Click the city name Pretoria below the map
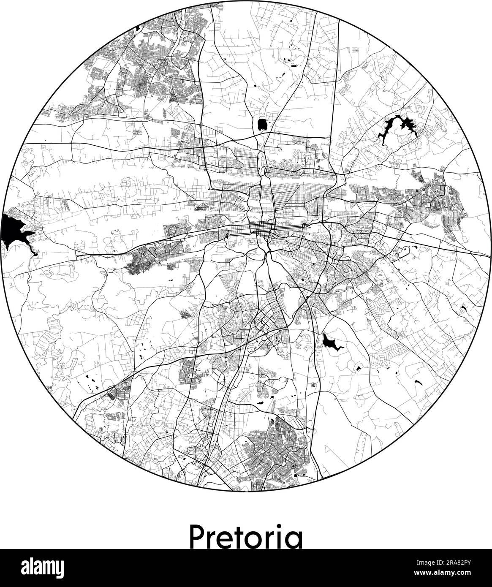[246, 535]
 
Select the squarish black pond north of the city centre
[262, 125]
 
